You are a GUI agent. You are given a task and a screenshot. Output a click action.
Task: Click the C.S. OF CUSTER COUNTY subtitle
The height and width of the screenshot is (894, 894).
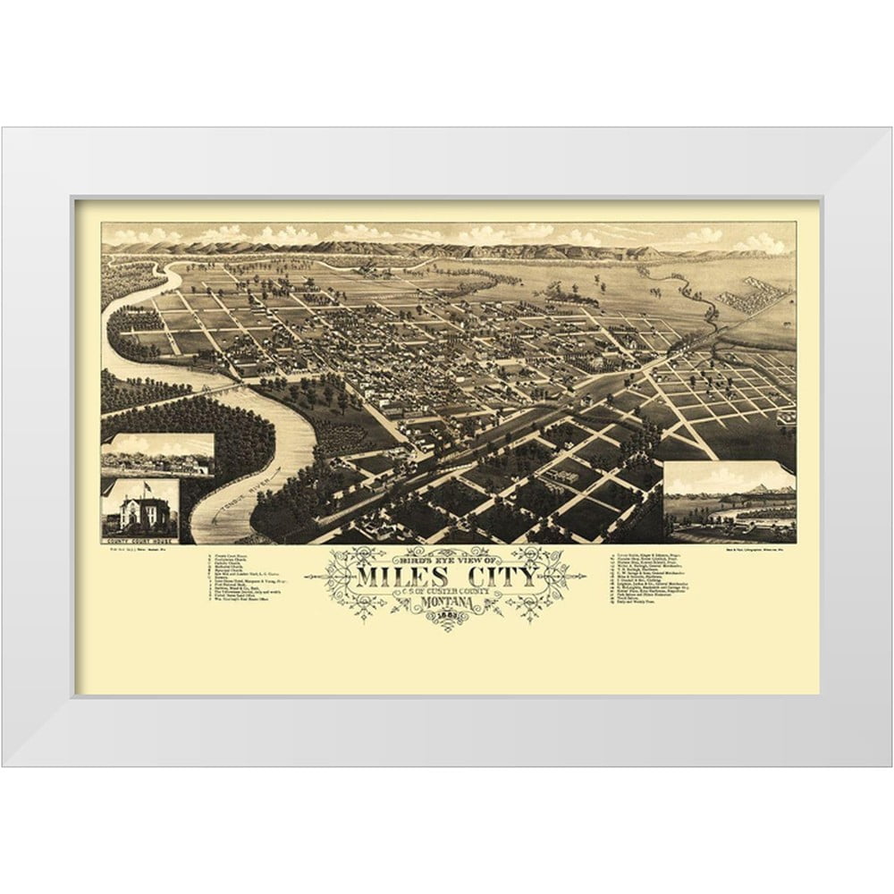point(447,591)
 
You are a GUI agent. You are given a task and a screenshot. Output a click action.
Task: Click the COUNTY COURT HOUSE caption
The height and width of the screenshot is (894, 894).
point(139,543)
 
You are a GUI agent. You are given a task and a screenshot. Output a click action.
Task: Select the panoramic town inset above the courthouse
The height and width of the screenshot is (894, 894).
point(157,456)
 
